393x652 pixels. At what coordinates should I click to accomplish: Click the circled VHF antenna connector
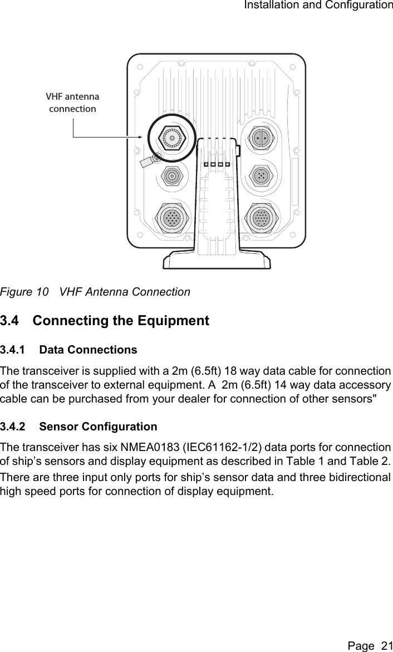click(x=173, y=138)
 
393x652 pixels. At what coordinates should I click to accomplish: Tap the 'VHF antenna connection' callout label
click(x=72, y=102)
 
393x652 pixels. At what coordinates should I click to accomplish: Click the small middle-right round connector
click(x=261, y=176)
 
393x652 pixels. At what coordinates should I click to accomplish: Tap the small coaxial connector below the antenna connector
click(x=173, y=177)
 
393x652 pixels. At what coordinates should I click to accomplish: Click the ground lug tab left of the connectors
click(x=148, y=161)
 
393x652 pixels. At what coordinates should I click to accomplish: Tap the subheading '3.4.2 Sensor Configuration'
click(x=78, y=427)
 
